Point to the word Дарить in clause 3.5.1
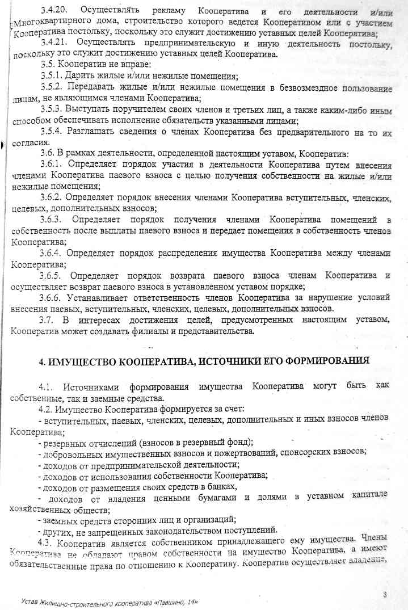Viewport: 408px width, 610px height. point(83,75)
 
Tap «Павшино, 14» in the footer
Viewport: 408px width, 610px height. point(175,600)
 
